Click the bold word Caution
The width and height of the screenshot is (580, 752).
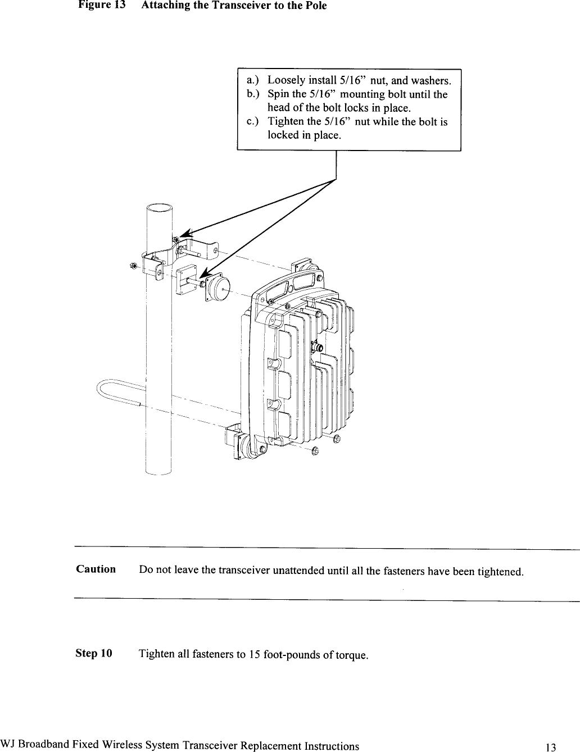pyautogui.click(x=96, y=569)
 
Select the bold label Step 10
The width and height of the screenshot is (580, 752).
pyautogui.click(x=94, y=654)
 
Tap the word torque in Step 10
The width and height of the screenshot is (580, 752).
pyautogui.click(x=352, y=655)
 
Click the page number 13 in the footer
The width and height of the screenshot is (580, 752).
pyautogui.click(x=551, y=746)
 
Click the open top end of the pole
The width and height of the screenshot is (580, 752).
pyautogui.click(x=159, y=209)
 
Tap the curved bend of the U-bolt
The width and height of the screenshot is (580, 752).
pyautogui.click(x=102, y=389)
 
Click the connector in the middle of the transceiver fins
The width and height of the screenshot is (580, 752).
pyautogui.click(x=316, y=347)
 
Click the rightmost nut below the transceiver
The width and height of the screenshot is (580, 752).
pyautogui.click(x=336, y=439)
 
